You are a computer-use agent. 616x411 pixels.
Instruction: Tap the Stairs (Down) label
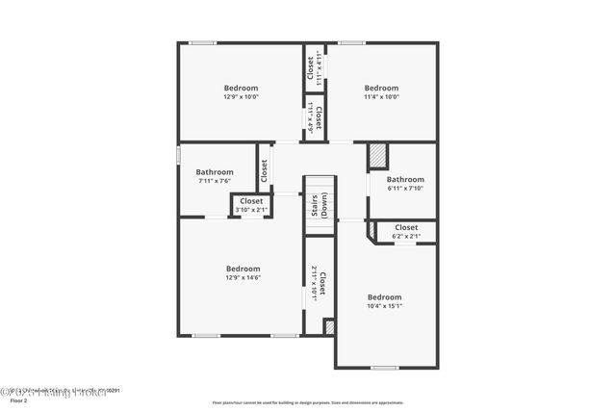coord(319,207)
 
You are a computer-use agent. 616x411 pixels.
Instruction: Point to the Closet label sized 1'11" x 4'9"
coord(314,116)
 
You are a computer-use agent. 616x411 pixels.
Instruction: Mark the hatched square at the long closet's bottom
coord(329,327)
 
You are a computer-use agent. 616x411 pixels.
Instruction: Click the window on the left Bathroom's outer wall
coord(178,154)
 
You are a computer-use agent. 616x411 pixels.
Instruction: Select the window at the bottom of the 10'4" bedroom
coord(384,367)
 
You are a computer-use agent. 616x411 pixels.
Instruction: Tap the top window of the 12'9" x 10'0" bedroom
coord(202,42)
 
